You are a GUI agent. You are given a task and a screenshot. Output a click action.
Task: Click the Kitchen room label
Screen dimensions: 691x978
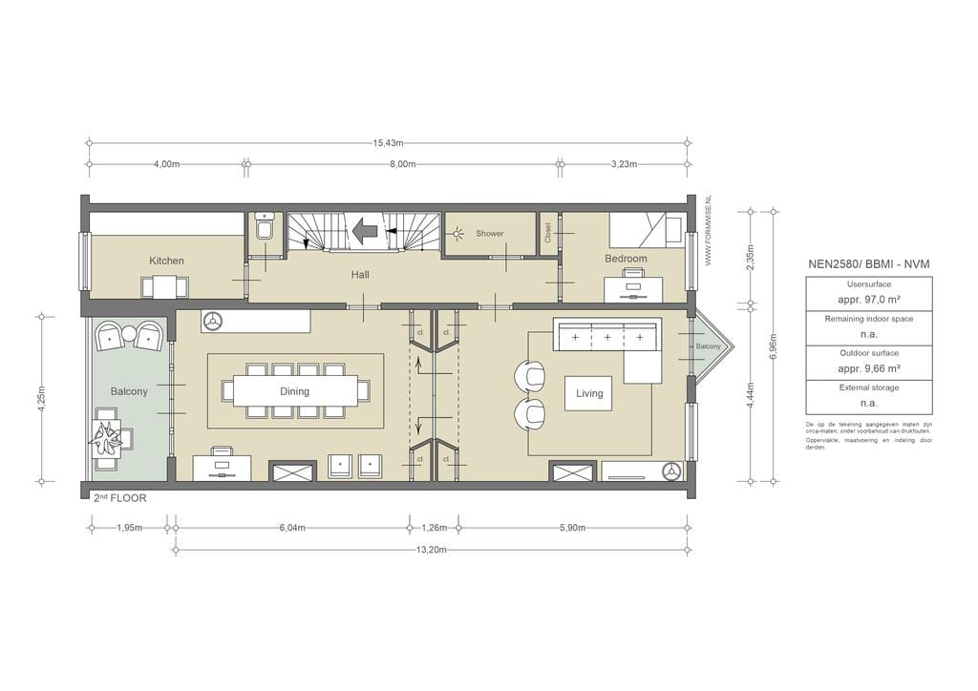tap(166, 261)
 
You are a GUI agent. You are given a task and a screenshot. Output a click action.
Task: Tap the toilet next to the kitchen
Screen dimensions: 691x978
tap(265, 228)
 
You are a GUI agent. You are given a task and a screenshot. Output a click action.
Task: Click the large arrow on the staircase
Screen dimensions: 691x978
tap(365, 230)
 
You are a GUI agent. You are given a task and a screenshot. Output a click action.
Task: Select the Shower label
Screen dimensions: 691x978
tap(489, 234)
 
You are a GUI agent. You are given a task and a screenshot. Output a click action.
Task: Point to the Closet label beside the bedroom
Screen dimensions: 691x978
tap(548, 234)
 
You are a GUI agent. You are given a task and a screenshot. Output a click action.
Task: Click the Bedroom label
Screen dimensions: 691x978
tap(626, 259)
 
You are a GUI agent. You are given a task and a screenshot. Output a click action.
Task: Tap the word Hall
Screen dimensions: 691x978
tap(359, 275)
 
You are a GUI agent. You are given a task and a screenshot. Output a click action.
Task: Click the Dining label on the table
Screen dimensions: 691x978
tap(294, 391)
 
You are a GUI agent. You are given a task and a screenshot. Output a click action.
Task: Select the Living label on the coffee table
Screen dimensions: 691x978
tap(589, 393)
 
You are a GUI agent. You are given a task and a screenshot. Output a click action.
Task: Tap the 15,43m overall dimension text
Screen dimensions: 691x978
tap(387, 143)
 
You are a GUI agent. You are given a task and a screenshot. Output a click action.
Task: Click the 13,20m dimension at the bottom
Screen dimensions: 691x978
tap(432, 550)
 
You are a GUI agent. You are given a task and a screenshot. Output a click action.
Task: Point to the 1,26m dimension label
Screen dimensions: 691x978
tap(435, 527)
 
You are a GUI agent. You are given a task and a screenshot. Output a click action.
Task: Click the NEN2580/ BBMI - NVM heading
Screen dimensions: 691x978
tap(868, 263)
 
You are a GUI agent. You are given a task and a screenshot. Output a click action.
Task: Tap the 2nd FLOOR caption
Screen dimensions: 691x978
tap(120, 498)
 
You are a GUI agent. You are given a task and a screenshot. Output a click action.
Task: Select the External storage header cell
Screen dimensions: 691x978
tap(868, 387)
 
